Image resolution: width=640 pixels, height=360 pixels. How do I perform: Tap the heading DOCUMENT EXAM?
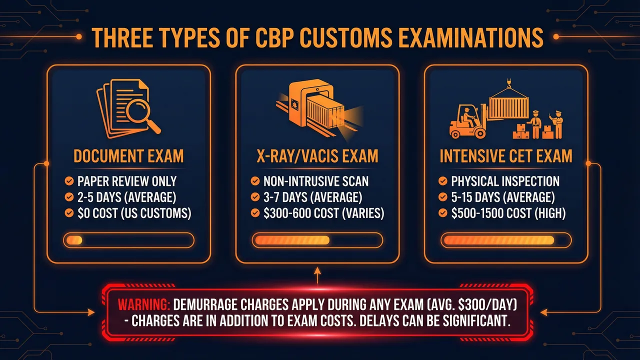(128, 156)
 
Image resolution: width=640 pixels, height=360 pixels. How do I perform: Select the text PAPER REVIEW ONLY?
(127, 181)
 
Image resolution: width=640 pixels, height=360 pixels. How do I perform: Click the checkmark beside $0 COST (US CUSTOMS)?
(69, 213)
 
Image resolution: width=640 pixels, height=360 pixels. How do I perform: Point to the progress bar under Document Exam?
(128, 240)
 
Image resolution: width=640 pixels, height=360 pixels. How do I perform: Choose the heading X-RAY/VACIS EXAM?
(317, 156)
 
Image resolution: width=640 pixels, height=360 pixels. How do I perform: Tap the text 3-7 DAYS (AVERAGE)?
(312, 197)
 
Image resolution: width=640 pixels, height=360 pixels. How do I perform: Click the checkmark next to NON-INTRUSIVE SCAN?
(255, 181)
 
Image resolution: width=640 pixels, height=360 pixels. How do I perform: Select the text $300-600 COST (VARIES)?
(323, 213)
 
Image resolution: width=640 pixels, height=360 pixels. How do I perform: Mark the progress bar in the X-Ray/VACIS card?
(317, 240)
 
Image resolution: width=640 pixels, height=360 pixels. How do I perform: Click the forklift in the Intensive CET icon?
(467, 122)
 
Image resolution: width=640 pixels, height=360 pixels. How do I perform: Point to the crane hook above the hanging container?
(509, 83)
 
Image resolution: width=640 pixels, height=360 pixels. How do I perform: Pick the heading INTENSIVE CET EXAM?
(505, 156)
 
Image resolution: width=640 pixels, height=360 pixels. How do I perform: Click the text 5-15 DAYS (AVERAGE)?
(502, 197)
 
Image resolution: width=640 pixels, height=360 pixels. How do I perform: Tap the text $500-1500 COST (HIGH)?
(508, 213)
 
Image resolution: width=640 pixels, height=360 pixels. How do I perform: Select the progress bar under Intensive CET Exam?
(505, 240)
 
